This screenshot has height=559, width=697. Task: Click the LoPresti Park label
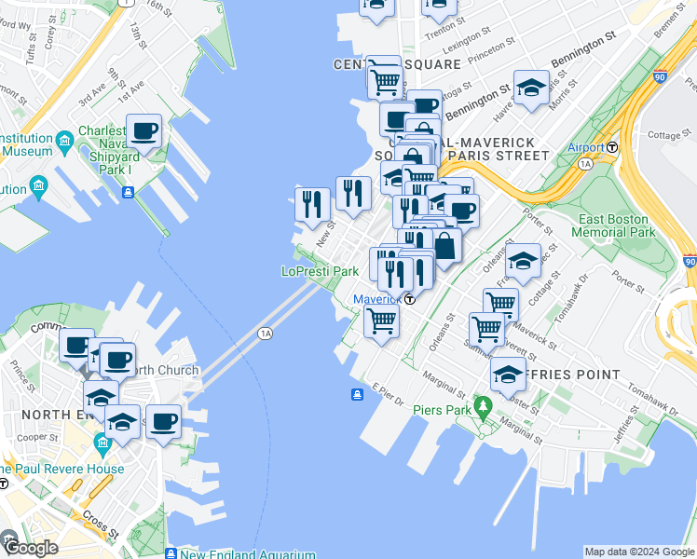[x=321, y=271]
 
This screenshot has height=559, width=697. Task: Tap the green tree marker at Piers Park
[x=482, y=406]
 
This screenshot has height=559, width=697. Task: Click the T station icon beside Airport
[x=613, y=147]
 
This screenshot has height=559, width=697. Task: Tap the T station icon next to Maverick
[x=410, y=299]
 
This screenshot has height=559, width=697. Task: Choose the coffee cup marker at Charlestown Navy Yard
[x=143, y=131]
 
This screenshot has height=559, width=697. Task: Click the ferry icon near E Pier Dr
[x=357, y=394]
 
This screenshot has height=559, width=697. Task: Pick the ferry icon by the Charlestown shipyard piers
[x=128, y=193]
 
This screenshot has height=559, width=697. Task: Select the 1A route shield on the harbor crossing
[x=266, y=333]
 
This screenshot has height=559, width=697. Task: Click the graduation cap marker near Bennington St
[x=530, y=89]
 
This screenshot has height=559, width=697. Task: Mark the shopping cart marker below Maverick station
[x=381, y=320]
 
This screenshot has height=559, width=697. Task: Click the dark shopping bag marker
[x=444, y=246]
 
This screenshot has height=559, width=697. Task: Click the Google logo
[x=30, y=548]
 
